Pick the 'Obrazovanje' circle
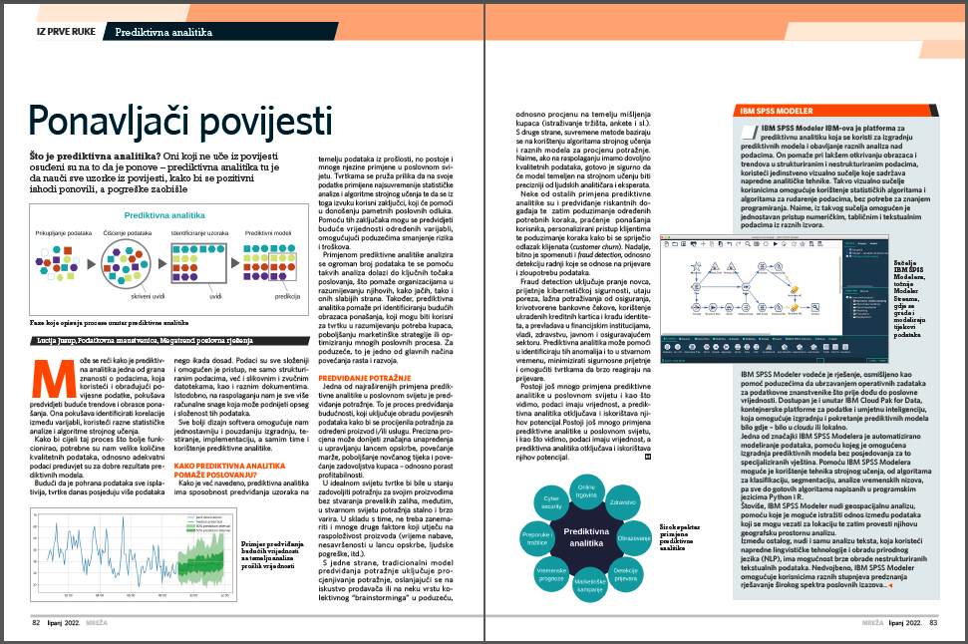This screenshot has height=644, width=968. pyautogui.click(x=636, y=537)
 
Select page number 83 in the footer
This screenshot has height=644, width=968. pyautogui.click(x=933, y=624)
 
